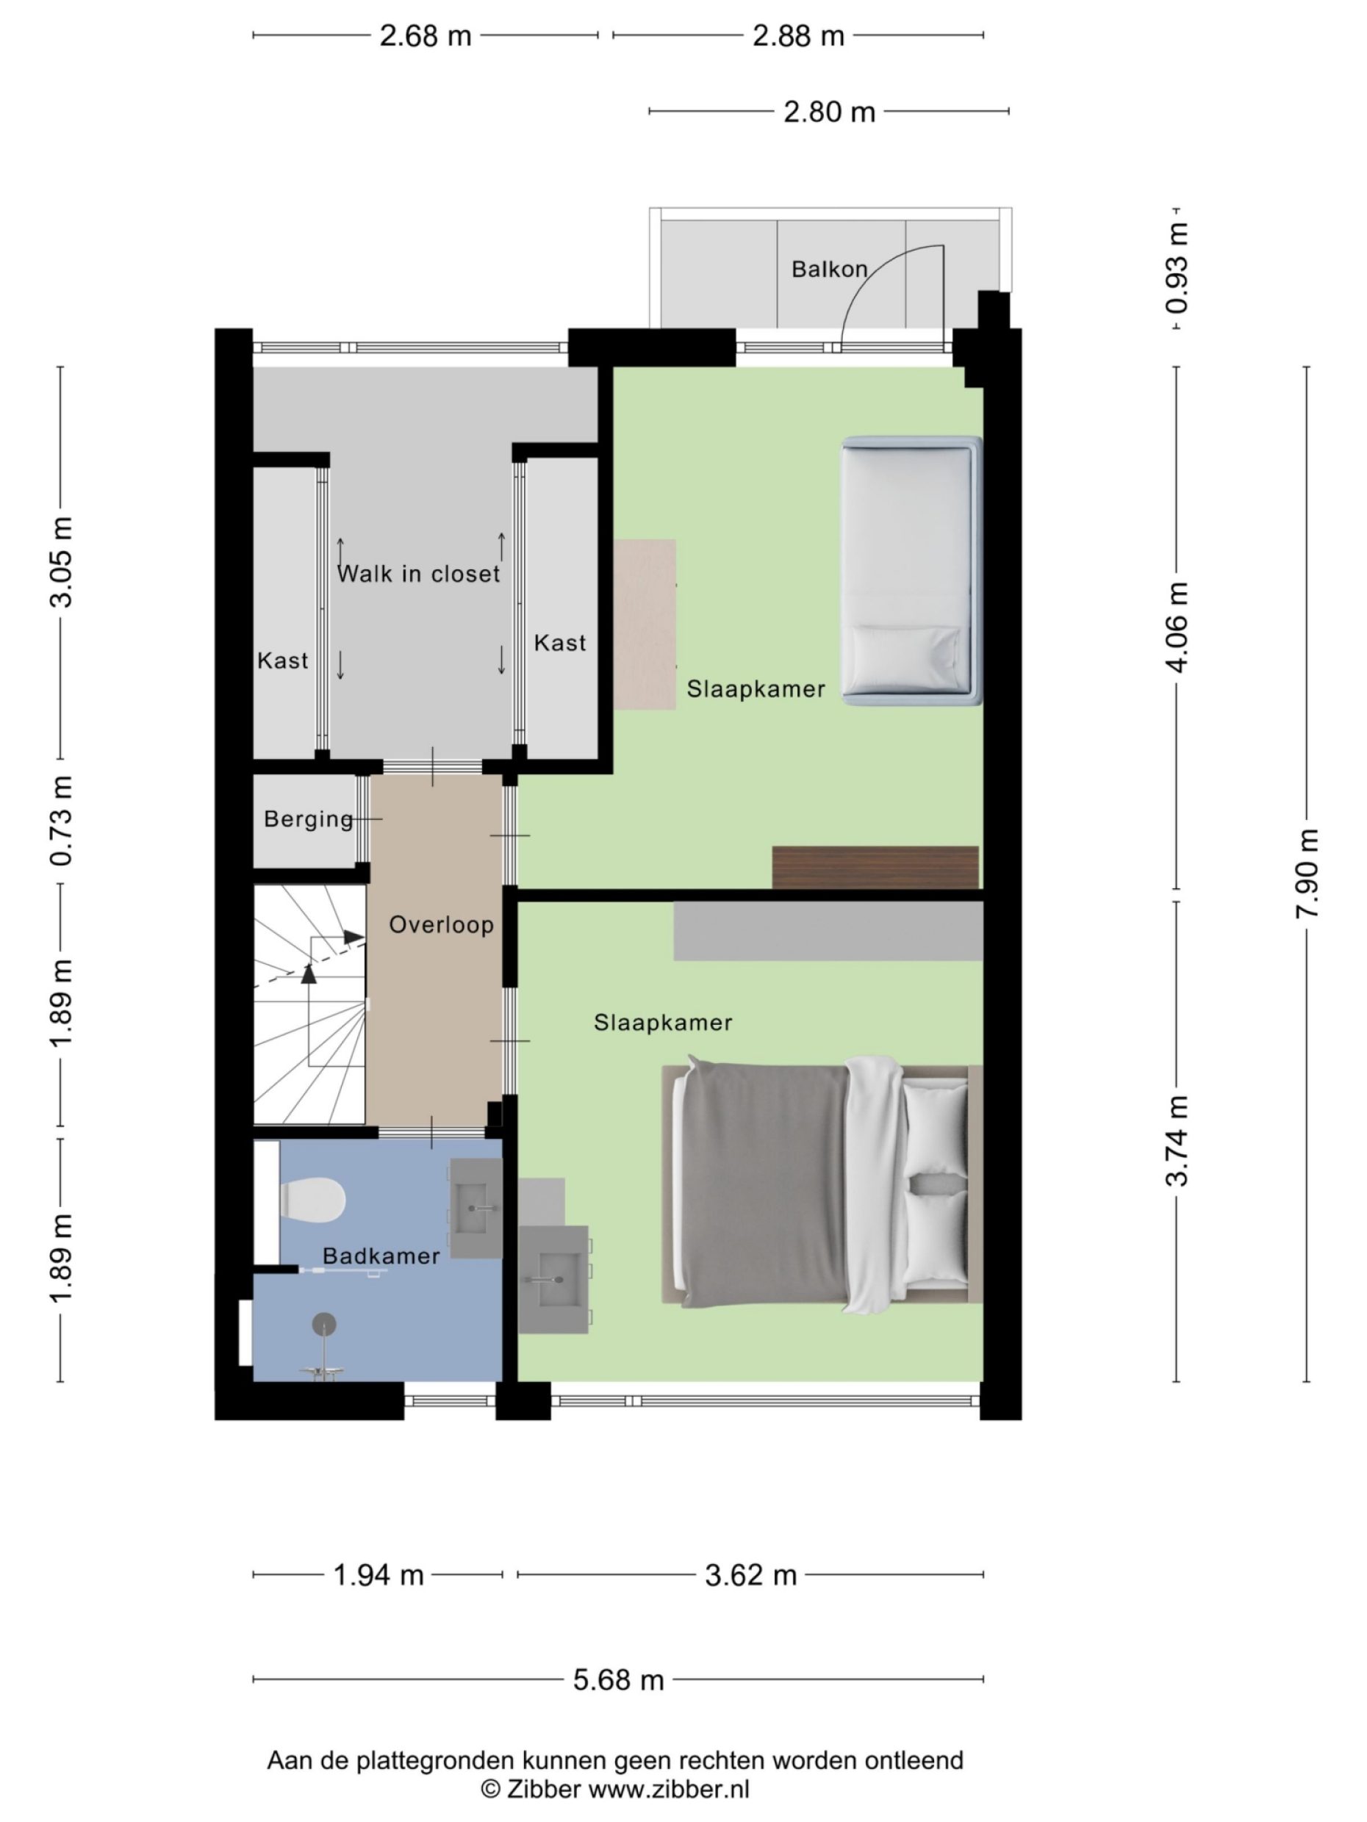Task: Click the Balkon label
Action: (x=829, y=270)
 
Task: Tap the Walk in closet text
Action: (x=419, y=573)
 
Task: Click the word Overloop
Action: (x=441, y=924)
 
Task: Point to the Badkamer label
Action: (x=381, y=1256)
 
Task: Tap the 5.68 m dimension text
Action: (x=618, y=1679)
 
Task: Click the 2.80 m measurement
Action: (x=829, y=111)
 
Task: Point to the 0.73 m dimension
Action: (x=61, y=821)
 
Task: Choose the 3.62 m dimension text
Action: (x=750, y=1575)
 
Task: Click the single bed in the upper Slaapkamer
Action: (x=911, y=570)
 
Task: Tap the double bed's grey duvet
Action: (x=762, y=1185)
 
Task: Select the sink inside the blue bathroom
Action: (x=476, y=1209)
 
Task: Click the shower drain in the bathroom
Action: (x=324, y=1323)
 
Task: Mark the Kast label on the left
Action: (x=283, y=660)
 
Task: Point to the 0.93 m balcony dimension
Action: (x=1177, y=268)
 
